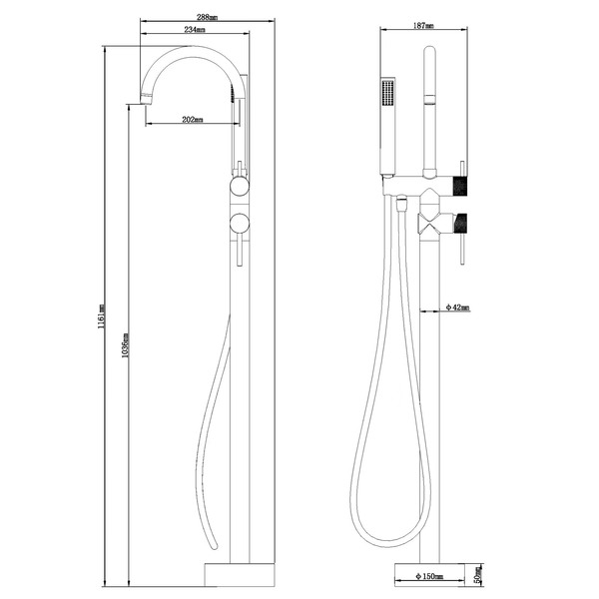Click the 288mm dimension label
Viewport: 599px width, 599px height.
coord(207,17)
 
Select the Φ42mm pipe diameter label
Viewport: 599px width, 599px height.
coord(458,308)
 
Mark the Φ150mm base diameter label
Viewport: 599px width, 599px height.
coord(430,577)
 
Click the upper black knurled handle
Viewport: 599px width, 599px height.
coord(460,185)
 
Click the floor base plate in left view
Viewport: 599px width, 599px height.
coord(240,576)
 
